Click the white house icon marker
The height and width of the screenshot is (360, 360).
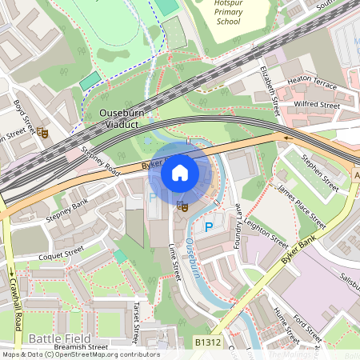[x=180, y=172]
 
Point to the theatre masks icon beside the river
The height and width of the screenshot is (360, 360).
[x=182, y=206]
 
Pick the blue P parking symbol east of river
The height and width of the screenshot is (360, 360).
[x=209, y=227]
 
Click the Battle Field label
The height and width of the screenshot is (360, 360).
[x=50, y=339]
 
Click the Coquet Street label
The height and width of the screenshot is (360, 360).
[x=62, y=257]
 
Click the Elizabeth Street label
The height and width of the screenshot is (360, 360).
[x=272, y=89]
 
